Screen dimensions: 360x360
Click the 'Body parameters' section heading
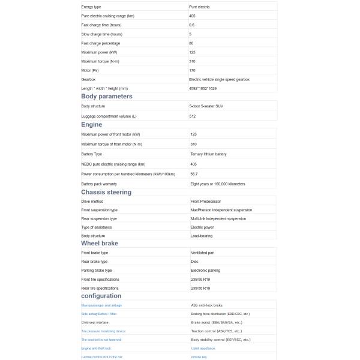(107, 96)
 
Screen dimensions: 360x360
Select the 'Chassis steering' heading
(106, 192)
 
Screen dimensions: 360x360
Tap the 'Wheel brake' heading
(100, 243)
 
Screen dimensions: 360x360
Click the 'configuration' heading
(101, 296)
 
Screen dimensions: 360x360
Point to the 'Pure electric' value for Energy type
(199, 7)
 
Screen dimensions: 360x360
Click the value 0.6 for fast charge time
(191, 25)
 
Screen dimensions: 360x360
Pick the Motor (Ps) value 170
(192, 70)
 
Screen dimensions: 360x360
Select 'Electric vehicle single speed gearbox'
(219, 79)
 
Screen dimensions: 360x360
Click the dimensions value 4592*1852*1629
(203, 88)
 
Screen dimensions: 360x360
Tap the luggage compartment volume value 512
(192, 116)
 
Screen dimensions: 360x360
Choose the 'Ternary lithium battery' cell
(208, 154)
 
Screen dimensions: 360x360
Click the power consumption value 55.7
(194, 174)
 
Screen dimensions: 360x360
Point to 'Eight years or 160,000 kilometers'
(217, 184)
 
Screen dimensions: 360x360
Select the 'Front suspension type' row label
(99, 210)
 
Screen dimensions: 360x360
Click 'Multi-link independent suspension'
(218, 218)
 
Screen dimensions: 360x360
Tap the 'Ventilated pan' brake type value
(202, 253)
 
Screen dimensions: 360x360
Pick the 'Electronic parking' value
(205, 270)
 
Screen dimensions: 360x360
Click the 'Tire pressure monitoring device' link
(103, 331)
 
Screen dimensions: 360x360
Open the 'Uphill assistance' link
(203, 348)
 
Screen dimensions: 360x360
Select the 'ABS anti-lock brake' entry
(206, 305)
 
